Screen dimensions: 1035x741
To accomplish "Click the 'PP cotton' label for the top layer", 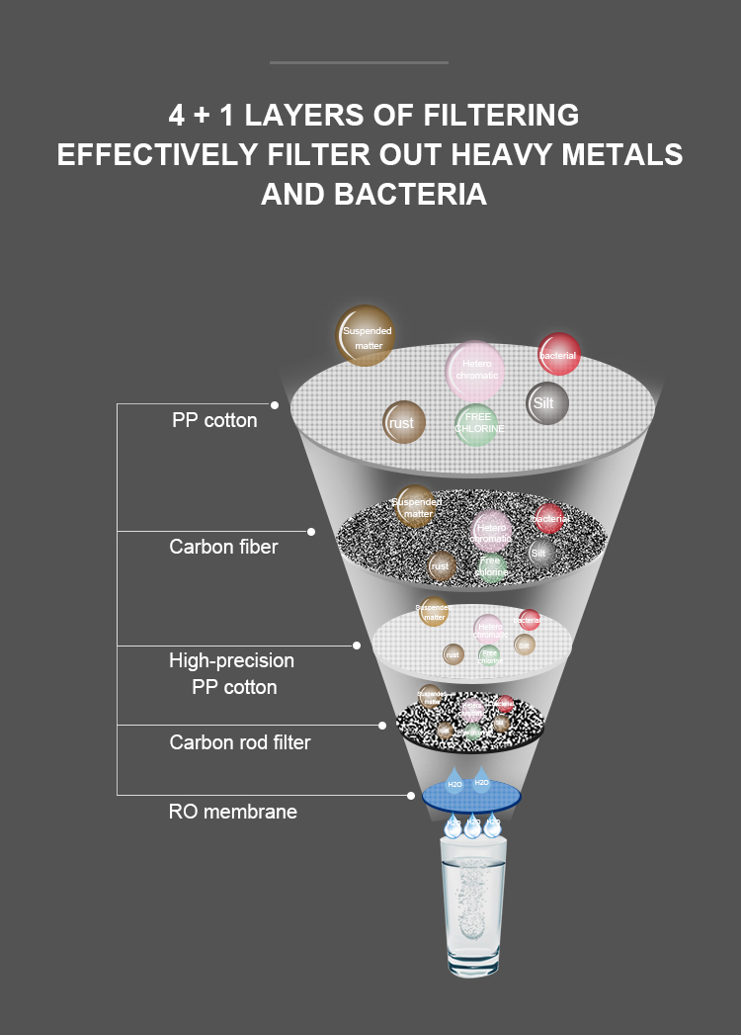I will point(214,420).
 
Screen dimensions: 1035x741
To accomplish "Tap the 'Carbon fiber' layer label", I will point(223,547).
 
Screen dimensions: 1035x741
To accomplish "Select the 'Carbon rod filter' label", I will point(240,742).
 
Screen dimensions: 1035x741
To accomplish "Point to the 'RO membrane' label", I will point(232,813).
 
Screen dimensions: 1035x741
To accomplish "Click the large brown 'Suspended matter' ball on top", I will point(366,336).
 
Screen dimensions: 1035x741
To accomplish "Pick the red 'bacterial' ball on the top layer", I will point(558,354).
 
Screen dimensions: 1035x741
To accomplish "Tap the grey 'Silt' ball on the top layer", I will point(546,403).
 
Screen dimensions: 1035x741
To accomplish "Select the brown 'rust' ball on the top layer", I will point(403,423).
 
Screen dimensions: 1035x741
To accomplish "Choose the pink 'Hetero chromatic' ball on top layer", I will point(475,370).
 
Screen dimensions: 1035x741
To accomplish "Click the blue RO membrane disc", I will point(471,795).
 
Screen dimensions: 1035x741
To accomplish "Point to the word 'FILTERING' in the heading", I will point(500,115).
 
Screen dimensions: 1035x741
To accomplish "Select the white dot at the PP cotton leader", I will point(275,404).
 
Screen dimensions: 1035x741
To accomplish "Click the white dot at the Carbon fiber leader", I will point(311,532).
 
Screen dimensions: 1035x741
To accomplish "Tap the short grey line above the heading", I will point(359,62).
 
